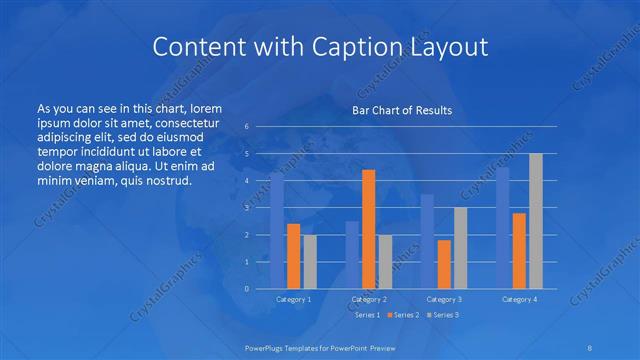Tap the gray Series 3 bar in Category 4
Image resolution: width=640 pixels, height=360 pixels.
pos(536,220)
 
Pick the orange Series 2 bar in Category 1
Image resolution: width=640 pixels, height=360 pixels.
pos(293,255)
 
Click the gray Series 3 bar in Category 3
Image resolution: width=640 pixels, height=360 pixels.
pos(460,247)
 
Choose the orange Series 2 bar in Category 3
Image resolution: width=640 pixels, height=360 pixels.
pos(444,263)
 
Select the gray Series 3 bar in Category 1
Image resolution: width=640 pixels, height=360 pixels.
pos(310,261)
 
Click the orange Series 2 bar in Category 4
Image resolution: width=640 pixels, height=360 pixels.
pos(519,250)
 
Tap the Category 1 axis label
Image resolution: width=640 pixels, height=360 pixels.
pos(294,299)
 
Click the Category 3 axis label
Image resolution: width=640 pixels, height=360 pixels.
pos(444,299)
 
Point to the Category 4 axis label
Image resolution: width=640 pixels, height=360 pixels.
pos(519,299)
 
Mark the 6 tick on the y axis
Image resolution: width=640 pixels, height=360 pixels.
pos(246,126)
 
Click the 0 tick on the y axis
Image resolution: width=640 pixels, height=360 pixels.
pos(246,288)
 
